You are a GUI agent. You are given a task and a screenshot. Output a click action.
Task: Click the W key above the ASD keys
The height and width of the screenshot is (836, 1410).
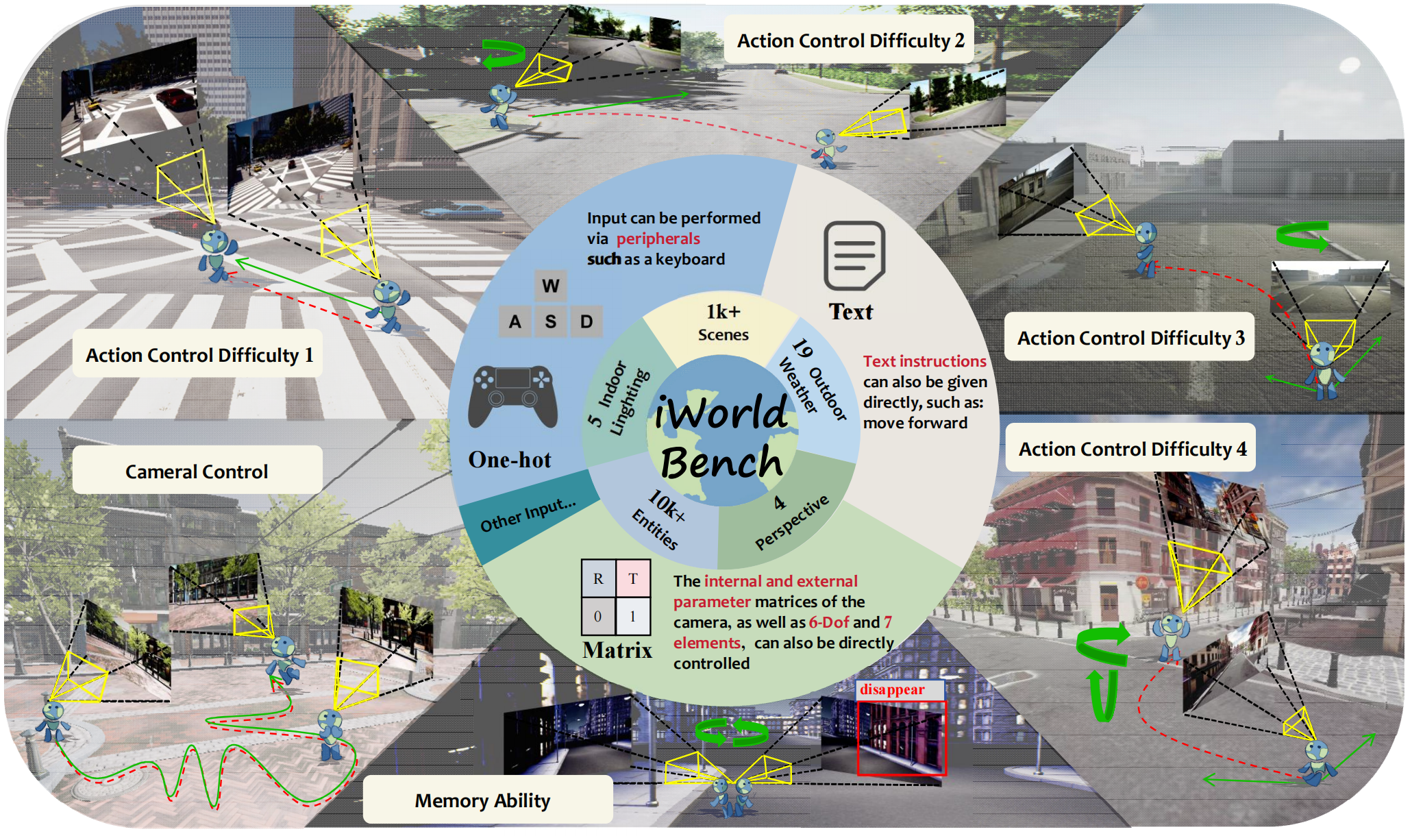click(x=551, y=286)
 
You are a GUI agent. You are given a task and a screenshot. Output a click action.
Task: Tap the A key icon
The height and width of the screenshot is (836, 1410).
click(x=515, y=321)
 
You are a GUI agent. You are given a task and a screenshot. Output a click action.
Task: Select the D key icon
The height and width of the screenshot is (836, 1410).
click(x=586, y=321)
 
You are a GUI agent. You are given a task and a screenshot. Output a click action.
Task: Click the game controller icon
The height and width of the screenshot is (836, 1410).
click(x=512, y=397)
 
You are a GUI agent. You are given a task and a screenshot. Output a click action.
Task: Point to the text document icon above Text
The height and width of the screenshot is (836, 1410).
click(x=854, y=256)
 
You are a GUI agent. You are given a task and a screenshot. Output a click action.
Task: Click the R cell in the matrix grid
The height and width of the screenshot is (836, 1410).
click(x=598, y=579)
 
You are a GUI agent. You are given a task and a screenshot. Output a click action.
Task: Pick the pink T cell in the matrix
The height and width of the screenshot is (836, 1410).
click(x=633, y=579)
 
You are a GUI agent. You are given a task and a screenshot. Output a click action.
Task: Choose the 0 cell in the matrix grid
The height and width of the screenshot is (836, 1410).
click(x=598, y=616)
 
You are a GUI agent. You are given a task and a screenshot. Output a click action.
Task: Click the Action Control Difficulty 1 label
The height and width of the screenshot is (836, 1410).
click(x=199, y=355)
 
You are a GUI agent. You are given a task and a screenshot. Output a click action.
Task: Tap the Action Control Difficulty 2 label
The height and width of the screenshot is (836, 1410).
click(x=850, y=40)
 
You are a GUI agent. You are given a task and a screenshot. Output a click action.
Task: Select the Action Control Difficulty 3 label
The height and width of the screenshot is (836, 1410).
click(x=1130, y=338)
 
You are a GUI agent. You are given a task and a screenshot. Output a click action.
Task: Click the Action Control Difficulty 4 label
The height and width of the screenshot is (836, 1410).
click(x=1131, y=449)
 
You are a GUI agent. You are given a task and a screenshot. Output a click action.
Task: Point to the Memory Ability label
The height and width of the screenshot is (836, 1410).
click(x=482, y=800)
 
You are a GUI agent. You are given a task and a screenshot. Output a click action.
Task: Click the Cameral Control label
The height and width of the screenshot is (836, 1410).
click(x=197, y=471)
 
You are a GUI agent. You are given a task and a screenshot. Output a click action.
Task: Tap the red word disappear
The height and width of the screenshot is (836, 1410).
click(x=892, y=689)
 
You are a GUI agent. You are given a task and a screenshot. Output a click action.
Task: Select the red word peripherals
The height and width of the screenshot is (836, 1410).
click(x=658, y=238)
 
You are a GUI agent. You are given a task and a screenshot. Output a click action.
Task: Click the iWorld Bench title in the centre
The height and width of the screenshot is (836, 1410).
click(x=721, y=436)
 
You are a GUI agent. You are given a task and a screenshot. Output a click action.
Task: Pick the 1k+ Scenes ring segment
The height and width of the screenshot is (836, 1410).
click(x=723, y=322)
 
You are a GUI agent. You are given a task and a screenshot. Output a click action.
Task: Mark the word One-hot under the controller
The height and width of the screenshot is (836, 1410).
click(x=509, y=460)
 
